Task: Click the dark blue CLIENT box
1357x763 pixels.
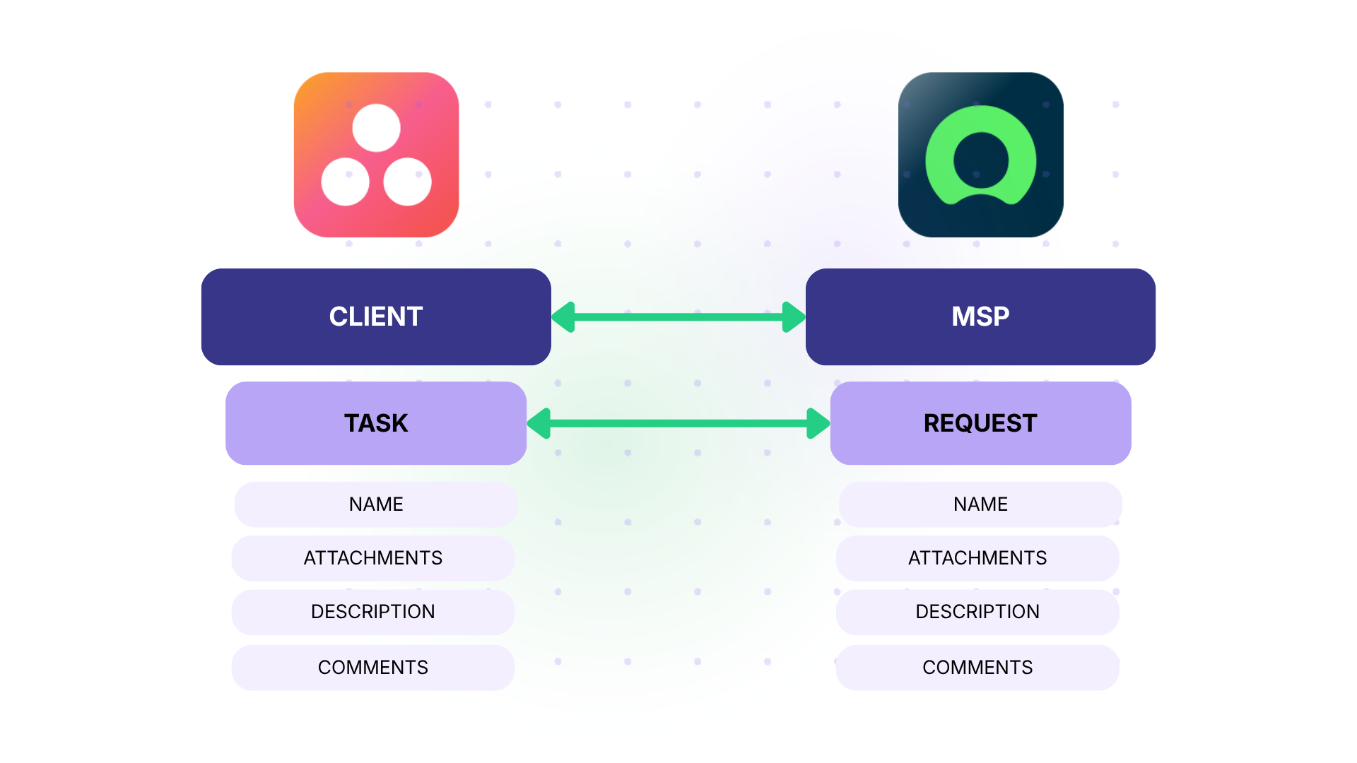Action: click(376, 317)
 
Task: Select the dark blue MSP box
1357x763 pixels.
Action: click(980, 317)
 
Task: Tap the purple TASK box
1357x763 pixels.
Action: click(376, 423)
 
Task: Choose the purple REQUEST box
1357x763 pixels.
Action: click(980, 423)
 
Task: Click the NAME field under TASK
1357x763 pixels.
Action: click(376, 504)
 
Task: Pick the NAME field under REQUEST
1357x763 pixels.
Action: click(980, 504)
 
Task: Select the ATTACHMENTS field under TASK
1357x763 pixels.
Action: click(373, 558)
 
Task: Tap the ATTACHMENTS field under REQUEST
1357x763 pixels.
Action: click(977, 558)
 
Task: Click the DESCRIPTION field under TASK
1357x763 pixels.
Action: click(373, 612)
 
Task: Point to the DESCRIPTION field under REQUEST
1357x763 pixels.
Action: click(977, 612)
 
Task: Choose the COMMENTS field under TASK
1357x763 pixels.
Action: click(373, 668)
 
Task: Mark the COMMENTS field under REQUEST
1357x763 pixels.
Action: click(977, 668)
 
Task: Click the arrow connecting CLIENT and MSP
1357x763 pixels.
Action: click(678, 317)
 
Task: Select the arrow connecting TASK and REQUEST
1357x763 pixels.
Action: click(678, 423)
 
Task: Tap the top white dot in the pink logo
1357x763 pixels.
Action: click(377, 128)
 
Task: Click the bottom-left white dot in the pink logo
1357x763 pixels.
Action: click(346, 182)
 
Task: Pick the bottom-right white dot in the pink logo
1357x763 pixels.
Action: click(408, 182)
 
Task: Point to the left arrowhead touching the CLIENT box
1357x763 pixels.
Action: click(564, 317)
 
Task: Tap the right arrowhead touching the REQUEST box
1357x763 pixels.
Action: click(818, 423)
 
